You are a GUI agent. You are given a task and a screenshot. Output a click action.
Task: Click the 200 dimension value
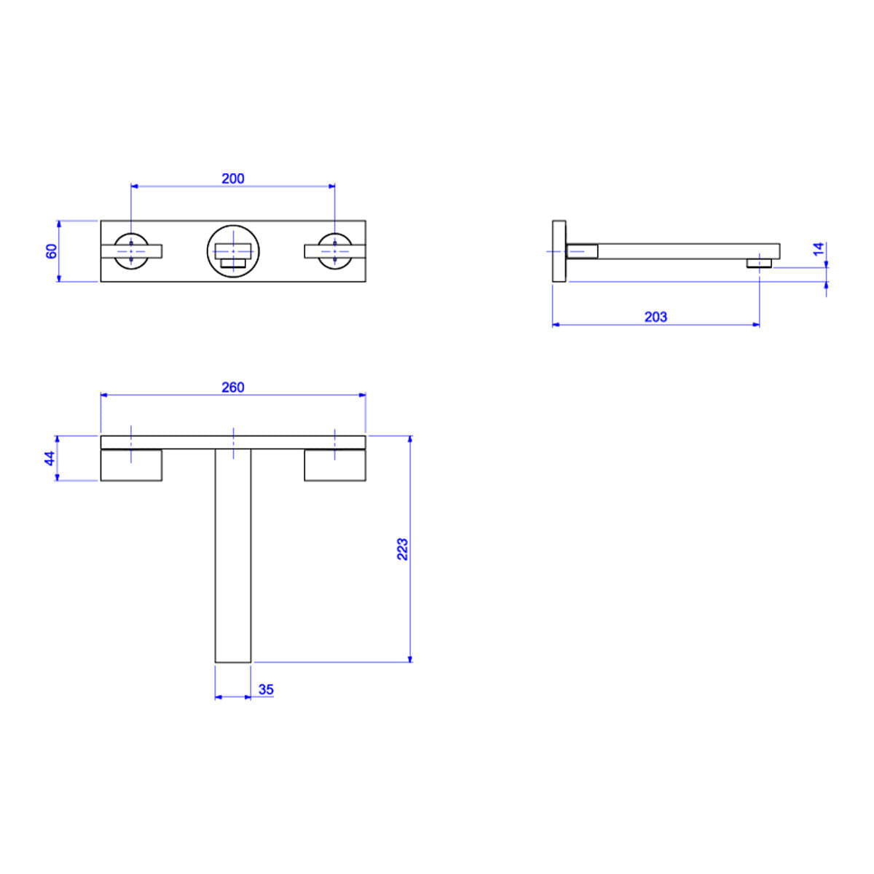(232, 178)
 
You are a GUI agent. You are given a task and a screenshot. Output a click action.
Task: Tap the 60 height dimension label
(52, 251)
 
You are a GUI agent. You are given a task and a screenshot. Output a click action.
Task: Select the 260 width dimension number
(232, 387)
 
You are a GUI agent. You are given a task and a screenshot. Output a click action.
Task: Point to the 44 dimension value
(50, 458)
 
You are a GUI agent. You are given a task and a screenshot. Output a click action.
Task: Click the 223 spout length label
(402, 549)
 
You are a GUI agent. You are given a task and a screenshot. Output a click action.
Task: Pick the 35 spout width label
(267, 690)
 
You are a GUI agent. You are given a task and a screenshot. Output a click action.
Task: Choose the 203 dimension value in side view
(655, 317)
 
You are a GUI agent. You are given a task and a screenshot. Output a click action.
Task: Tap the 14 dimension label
(819, 249)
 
